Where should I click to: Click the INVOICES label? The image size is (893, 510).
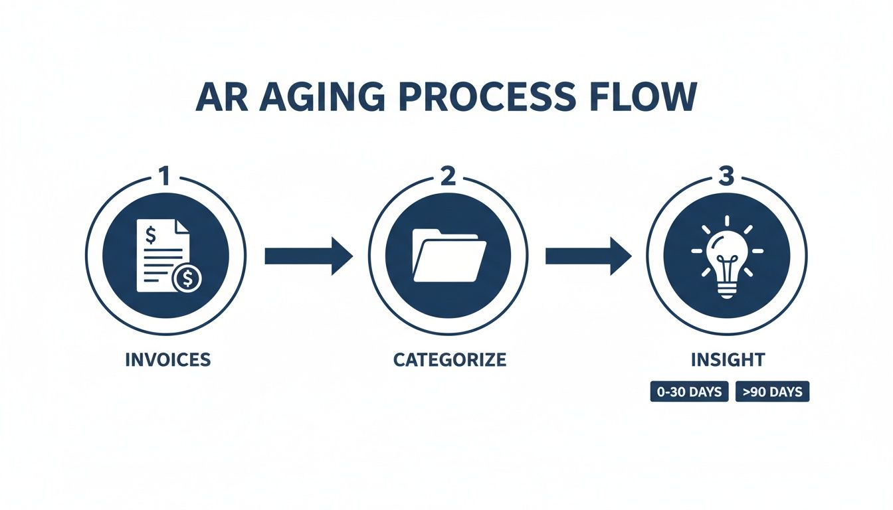[167, 360]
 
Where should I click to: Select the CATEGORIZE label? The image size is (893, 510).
[449, 360]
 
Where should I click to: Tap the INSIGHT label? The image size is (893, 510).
[728, 360]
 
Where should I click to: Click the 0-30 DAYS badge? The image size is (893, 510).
[689, 392]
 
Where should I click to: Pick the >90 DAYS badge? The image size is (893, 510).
[772, 392]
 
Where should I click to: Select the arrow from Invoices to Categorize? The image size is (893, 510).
[308, 256]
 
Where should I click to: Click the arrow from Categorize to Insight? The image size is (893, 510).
[588, 256]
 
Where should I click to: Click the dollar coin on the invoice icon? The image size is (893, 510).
[187, 280]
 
